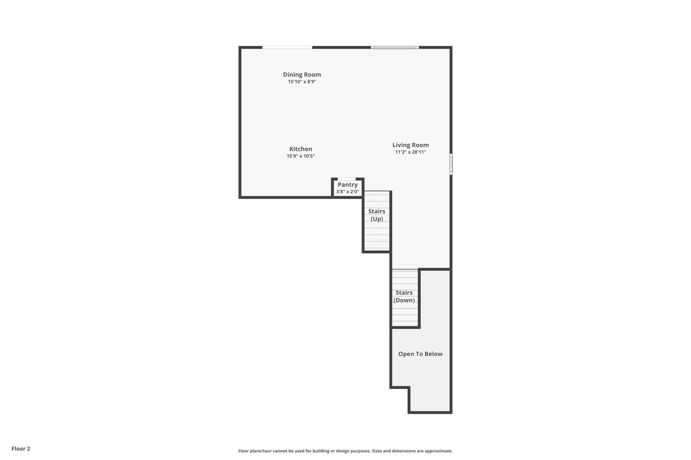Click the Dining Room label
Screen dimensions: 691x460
(302, 75)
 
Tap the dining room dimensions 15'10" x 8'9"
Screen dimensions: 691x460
(302, 82)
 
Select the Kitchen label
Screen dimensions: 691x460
(301, 149)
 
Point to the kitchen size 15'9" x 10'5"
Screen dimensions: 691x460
(301, 156)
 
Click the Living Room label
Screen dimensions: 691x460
(411, 145)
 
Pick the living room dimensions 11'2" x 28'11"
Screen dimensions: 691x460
(411, 152)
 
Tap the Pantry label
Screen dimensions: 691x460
(348, 185)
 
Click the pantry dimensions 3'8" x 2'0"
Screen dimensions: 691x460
(348, 192)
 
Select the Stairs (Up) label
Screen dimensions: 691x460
(377, 215)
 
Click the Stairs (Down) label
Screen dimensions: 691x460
(404, 296)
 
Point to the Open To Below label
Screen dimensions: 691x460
(420, 354)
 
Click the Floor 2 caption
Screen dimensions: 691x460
(21, 449)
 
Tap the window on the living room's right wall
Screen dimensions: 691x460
(451, 164)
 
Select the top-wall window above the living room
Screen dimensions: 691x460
(395, 47)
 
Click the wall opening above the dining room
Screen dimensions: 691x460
(287, 47)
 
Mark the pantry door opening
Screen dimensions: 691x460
(346, 179)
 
